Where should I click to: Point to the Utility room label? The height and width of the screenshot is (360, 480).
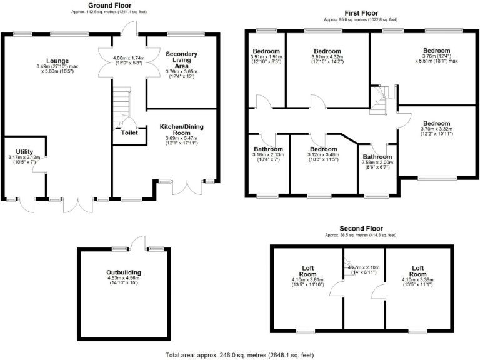25,152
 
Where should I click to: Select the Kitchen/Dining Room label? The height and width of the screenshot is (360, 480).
181,130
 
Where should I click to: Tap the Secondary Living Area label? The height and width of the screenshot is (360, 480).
181,60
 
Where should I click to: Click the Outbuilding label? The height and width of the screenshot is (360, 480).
124,273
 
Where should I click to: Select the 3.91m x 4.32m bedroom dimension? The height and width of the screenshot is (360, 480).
327,57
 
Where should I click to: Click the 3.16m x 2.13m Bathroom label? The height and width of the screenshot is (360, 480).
267,149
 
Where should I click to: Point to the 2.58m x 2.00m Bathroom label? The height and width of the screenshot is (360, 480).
377,157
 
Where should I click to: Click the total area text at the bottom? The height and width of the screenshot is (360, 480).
240,355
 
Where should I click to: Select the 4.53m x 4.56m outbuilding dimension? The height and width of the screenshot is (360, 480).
124,279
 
